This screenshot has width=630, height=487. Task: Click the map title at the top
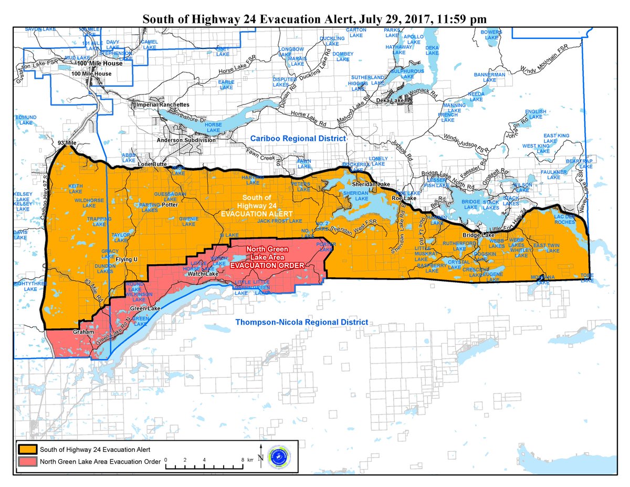click(314, 19)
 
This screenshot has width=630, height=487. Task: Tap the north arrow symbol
click(261, 451)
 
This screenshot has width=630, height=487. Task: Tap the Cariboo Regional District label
click(298, 138)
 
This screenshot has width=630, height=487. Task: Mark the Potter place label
click(170, 205)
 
